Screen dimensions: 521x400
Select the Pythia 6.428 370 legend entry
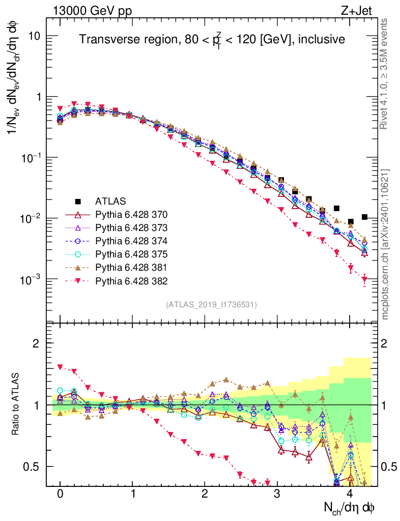tap(132, 214)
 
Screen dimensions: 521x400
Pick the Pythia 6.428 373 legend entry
tap(132, 227)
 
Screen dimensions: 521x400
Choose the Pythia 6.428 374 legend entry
tap(132, 240)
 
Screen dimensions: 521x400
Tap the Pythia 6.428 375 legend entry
tap(132, 254)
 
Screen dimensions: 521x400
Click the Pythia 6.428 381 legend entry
tap(132, 267)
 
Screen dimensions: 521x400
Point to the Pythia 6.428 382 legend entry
tap(132, 280)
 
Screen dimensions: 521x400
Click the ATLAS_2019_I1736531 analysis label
tap(211, 305)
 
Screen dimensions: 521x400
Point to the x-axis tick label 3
tap(277, 494)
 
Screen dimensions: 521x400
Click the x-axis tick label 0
tap(60, 494)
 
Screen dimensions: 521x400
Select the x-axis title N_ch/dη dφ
tap(350, 507)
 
